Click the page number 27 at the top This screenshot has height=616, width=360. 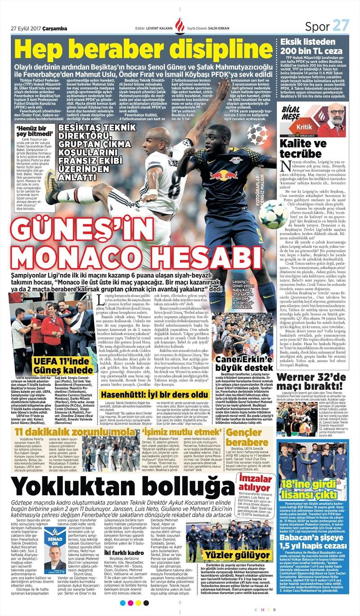click(341, 26)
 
